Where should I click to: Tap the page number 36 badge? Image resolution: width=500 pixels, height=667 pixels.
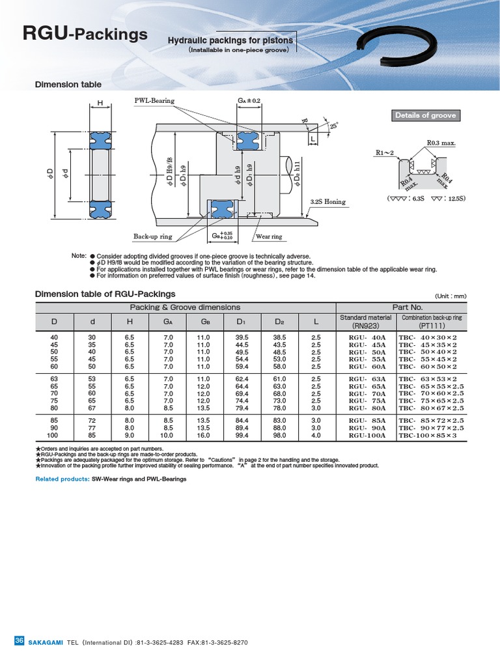point(18,642)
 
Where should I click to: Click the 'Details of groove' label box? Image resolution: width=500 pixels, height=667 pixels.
point(425,115)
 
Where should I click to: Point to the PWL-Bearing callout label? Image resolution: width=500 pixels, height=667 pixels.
point(154,101)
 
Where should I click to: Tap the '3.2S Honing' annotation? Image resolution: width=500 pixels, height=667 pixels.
point(328,202)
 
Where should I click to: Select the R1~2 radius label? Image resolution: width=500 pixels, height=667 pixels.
point(385,153)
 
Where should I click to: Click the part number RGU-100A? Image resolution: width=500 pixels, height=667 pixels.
point(367,435)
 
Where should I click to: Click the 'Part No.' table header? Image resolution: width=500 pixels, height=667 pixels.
point(407,307)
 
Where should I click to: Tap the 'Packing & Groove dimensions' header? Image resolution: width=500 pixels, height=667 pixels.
point(185,307)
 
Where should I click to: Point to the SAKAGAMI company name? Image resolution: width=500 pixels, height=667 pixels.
point(45,642)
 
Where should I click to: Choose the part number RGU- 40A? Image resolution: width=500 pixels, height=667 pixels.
point(367,337)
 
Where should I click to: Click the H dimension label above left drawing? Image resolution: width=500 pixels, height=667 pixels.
point(100,103)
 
